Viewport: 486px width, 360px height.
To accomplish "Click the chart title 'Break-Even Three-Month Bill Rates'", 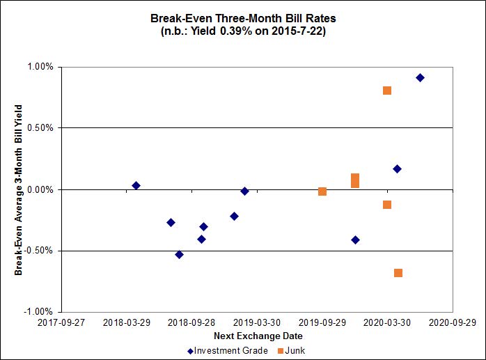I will [243, 18].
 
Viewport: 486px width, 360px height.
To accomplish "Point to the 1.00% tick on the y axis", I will [40, 67].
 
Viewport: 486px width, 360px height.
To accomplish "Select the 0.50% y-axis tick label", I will [40, 128].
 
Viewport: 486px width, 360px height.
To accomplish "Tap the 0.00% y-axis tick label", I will [40, 189].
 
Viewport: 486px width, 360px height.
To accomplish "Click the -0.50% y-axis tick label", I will [39, 251].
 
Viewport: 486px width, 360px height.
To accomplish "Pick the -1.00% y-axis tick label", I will [39, 312].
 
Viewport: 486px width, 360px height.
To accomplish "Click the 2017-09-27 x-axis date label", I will [61, 322].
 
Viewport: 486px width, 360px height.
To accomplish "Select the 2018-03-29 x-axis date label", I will [126, 322].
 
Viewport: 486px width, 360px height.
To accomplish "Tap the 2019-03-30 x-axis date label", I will [257, 322].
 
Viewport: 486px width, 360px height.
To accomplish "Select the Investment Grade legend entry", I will [228, 350].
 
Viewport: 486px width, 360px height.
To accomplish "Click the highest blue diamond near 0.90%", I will [420, 77].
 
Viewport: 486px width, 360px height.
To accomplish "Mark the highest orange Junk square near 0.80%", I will [387, 91].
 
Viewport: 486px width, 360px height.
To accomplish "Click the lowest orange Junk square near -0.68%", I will [398, 273].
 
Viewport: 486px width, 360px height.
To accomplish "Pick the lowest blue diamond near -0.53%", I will [179, 255].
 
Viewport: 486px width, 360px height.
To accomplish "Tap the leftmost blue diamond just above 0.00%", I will [136, 185].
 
